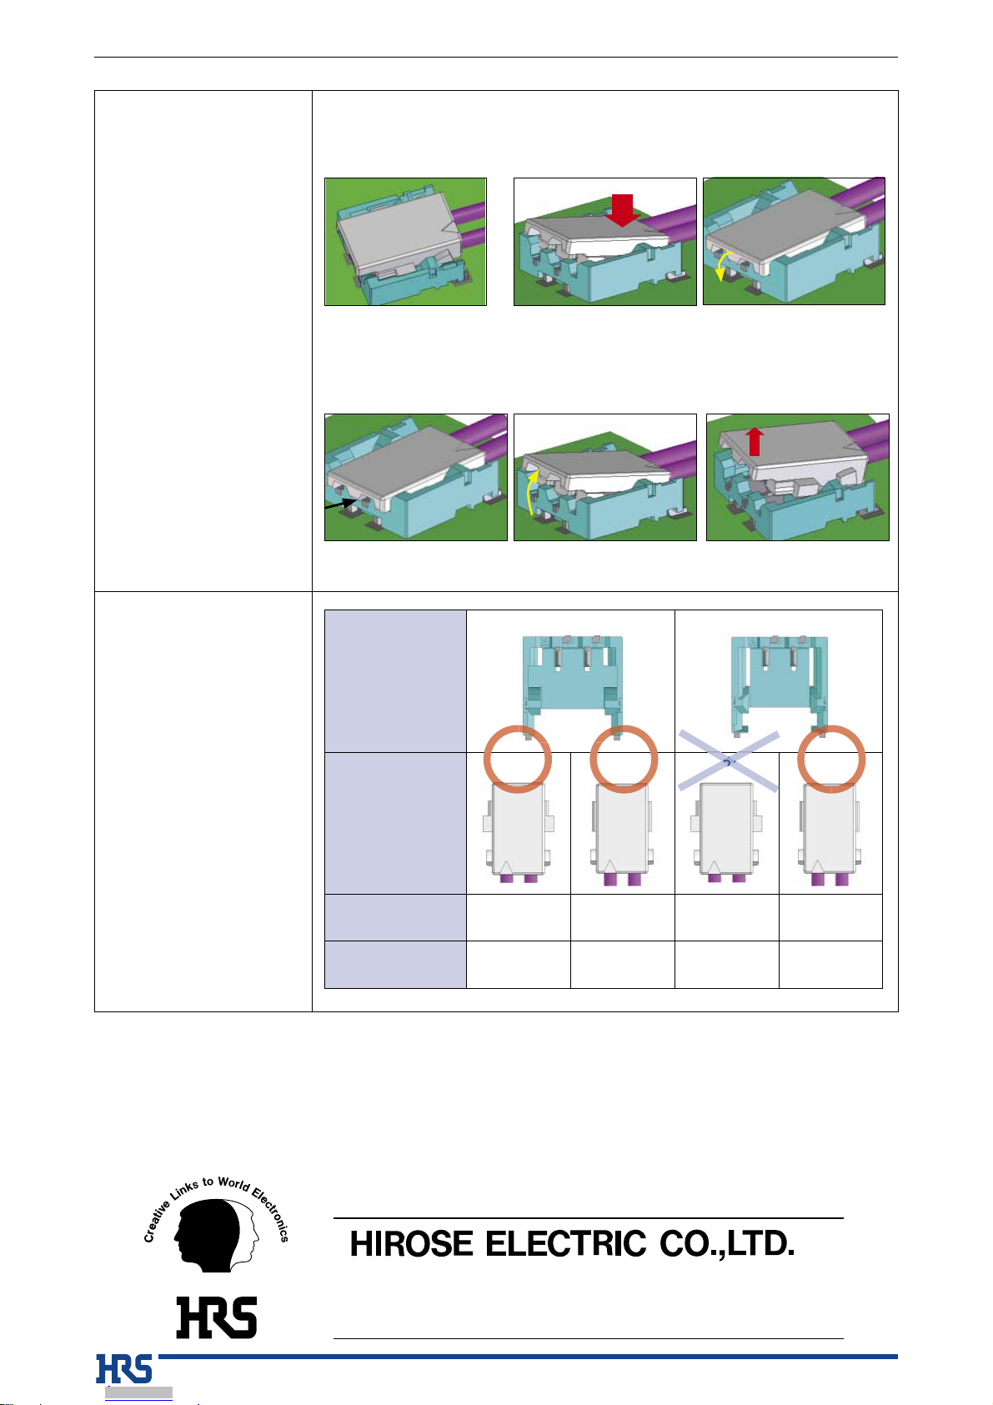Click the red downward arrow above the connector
(622, 210)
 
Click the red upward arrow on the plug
(755, 442)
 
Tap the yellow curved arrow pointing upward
(531, 493)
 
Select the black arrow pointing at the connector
(341, 504)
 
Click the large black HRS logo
(217, 1317)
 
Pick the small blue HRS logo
(123, 1368)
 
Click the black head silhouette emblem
(215, 1235)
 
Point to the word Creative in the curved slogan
(156, 1222)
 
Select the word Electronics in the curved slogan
(271, 1215)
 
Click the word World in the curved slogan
(233, 1184)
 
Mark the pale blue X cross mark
(729, 760)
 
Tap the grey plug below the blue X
(726, 833)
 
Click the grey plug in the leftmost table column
(518, 833)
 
